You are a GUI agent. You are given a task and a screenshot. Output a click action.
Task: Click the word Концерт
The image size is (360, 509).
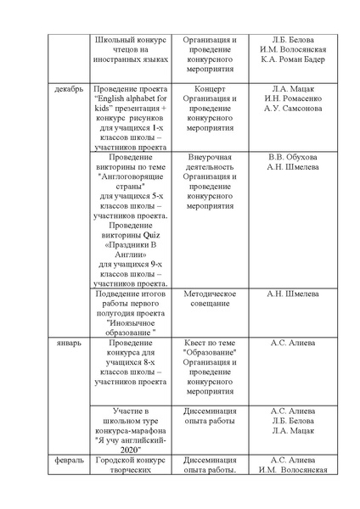210,88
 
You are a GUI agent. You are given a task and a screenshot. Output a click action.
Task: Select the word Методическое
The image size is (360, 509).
210,294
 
